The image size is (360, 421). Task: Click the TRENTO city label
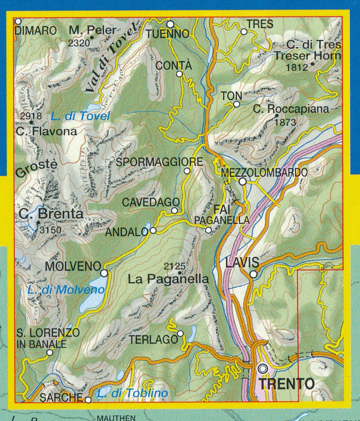click(x=286, y=384)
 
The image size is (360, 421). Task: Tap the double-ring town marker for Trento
click(x=263, y=369)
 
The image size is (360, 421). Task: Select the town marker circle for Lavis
click(x=253, y=274)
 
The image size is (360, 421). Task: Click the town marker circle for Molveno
click(x=104, y=273)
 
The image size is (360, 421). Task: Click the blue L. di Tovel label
click(x=80, y=116)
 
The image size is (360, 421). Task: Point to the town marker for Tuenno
click(x=170, y=24)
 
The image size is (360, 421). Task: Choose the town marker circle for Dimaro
click(x=18, y=21)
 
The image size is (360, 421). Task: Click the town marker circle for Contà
click(x=179, y=74)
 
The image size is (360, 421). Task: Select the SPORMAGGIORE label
click(x=160, y=162)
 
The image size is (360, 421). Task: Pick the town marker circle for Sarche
click(x=88, y=400)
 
